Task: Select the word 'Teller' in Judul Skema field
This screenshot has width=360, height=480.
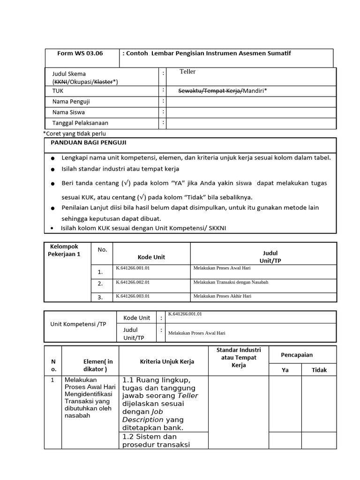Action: click(187, 72)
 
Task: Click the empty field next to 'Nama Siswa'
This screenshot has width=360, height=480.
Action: click(251, 112)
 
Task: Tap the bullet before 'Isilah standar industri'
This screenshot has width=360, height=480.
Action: click(53, 169)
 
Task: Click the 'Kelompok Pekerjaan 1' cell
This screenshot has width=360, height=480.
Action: click(65, 250)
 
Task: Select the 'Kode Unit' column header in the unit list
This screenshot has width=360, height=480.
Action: click(151, 257)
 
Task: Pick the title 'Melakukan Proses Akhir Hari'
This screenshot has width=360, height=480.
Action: click(222, 296)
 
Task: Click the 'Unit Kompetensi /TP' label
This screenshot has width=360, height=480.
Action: click(78, 324)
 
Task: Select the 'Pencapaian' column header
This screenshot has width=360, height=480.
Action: click(296, 355)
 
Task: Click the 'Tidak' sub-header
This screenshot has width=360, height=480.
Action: click(319, 370)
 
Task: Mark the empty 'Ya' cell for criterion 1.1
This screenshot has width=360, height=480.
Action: click(285, 404)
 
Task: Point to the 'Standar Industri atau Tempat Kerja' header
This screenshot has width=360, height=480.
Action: click(239, 358)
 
